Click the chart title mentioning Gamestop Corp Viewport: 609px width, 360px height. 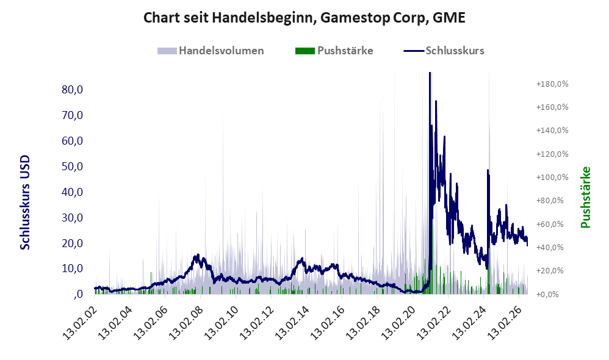[x=304, y=18]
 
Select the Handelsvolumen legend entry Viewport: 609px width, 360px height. [x=211, y=51]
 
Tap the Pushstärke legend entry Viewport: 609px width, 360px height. [x=334, y=51]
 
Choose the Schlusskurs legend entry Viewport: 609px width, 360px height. [x=444, y=51]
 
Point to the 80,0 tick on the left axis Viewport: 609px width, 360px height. [x=72, y=90]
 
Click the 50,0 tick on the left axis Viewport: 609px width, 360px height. [x=72, y=166]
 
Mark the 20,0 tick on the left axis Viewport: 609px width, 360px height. [x=72, y=243]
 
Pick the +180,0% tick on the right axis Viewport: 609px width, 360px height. [x=552, y=84]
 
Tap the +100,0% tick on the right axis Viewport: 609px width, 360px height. [x=552, y=178]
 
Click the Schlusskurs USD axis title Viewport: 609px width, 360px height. [x=25, y=203]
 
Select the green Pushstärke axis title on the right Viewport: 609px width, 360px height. [x=585, y=197]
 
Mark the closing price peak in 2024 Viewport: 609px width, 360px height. [x=488, y=170]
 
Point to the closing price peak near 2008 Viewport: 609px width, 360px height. [x=198, y=255]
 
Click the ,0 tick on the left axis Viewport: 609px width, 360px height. [x=77, y=294]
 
